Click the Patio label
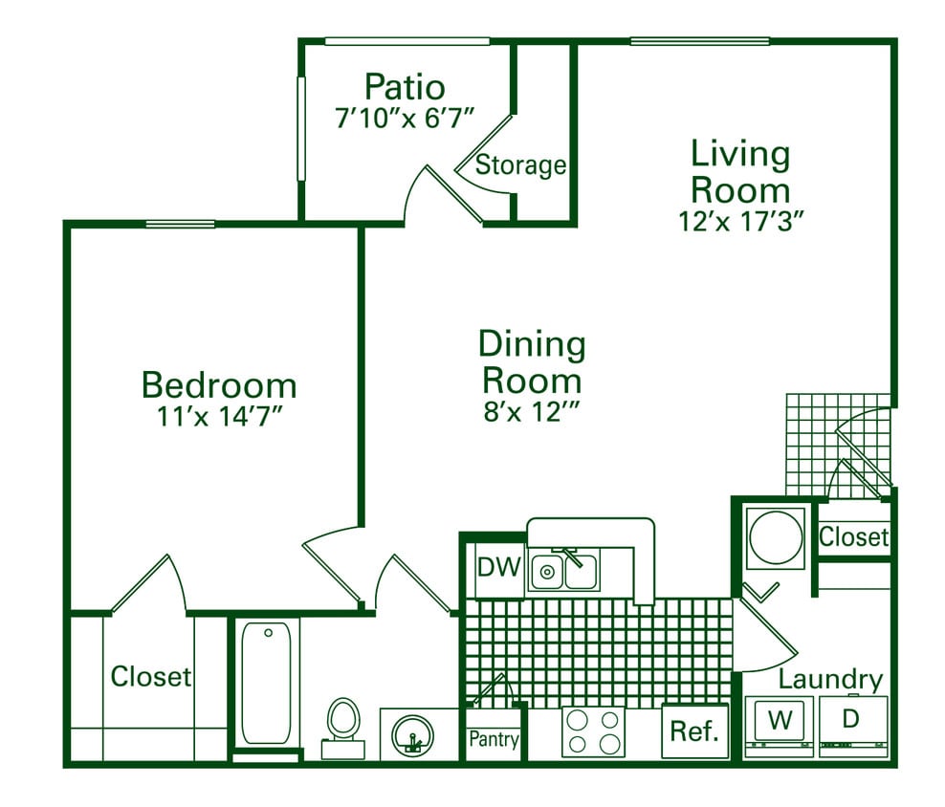(x=405, y=87)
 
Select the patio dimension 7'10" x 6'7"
(x=405, y=120)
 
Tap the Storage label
(x=520, y=165)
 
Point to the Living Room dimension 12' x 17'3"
(x=740, y=219)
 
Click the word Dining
(x=532, y=344)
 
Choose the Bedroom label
(x=219, y=385)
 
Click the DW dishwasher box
(x=498, y=568)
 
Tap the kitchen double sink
(x=564, y=571)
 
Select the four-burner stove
(x=593, y=732)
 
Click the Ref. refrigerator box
(x=694, y=732)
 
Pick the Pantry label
(x=494, y=739)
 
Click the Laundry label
(x=829, y=680)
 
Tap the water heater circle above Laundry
(x=776, y=538)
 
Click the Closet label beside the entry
(x=854, y=537)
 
